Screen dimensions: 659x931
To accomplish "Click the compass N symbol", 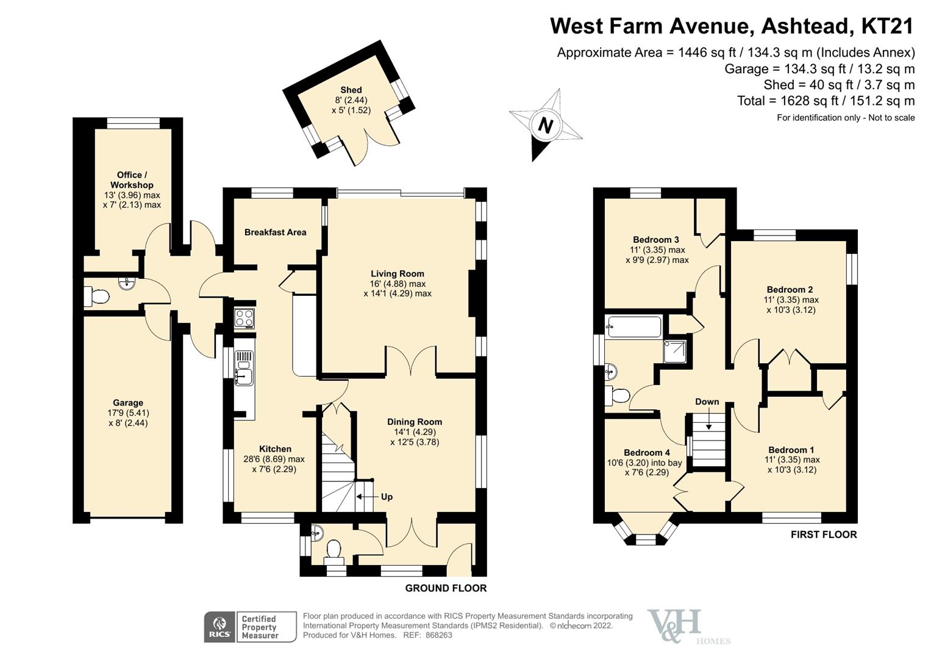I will click(545, 126).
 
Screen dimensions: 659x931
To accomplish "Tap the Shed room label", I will click(351, 90).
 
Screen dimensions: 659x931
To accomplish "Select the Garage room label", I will click(128, 403).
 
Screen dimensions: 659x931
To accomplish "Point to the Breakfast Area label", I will click(275, 232).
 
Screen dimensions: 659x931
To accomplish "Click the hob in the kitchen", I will click(244, 318).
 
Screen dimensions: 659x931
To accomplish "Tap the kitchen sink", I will click(244, 376).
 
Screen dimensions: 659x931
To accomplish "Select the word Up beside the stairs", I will click(387, 497).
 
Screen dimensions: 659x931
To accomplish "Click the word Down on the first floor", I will click(707, 402).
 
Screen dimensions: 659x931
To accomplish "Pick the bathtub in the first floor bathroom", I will click(634, 327).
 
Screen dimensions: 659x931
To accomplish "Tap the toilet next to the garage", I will click(96, 297).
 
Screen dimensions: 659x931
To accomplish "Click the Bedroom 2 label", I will click(790, 290).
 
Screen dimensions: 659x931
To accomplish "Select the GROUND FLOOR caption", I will click(446, 588).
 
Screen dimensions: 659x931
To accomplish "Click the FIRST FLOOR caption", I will click(823, 535).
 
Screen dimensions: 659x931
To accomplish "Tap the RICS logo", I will click(219, 627).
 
